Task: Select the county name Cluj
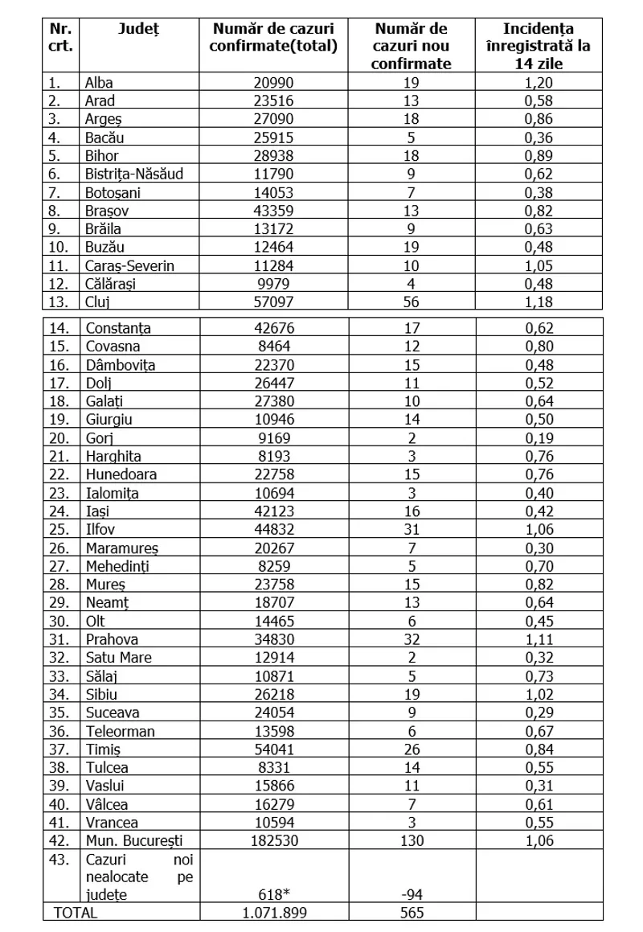97,302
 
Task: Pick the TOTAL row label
75,913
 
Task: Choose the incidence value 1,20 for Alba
538,83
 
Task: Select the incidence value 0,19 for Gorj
538,437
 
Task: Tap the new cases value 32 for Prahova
412,639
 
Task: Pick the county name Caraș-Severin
129,265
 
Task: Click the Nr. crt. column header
61,37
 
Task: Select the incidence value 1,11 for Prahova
538,639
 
